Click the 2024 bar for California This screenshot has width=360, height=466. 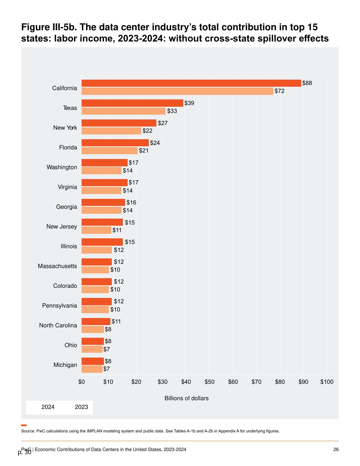pos(191,83)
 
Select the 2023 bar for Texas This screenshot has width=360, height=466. pos(123,111)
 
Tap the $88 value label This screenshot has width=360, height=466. pos(307,83)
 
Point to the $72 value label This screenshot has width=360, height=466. pos(280,91)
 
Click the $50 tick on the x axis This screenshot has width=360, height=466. pos(210,382)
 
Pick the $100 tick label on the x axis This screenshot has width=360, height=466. pos(327,382)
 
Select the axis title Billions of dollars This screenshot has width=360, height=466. pos(186,398)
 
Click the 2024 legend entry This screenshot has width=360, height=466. pos(48,407)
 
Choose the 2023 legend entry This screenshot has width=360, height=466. pos(81,407)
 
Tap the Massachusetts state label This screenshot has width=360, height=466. pos(57,266)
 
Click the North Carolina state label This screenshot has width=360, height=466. pos(58,325)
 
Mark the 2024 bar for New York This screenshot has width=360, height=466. pos(119,123)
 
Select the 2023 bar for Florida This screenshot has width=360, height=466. pos(110,151)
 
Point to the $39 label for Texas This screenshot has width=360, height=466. pos(189,103)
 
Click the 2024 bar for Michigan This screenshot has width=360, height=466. pos(93,361)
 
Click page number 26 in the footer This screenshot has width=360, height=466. pos(336,449)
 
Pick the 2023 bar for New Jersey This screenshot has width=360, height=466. pos(97,230)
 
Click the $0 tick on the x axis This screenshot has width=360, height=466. pos(82,382)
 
